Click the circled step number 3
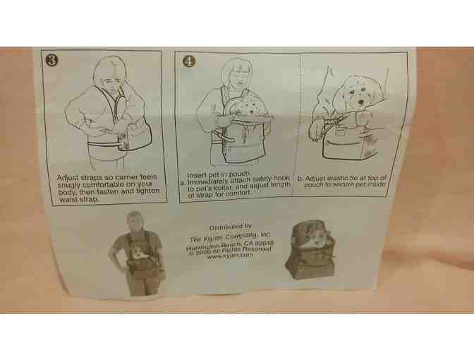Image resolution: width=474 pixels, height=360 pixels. point(51,60)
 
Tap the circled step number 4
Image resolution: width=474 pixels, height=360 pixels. point(189,61)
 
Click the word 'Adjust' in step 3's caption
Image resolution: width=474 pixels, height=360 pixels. point(68,178)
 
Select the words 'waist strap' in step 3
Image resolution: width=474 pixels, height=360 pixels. point(78,200)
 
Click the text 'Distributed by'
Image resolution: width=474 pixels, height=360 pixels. point(231,227)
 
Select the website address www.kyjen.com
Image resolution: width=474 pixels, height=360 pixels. point(230,256)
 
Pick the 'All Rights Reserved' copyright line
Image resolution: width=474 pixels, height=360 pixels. point(230,251)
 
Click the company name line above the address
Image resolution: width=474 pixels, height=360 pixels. point(230,236)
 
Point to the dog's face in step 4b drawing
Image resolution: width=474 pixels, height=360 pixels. point(360,94)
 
